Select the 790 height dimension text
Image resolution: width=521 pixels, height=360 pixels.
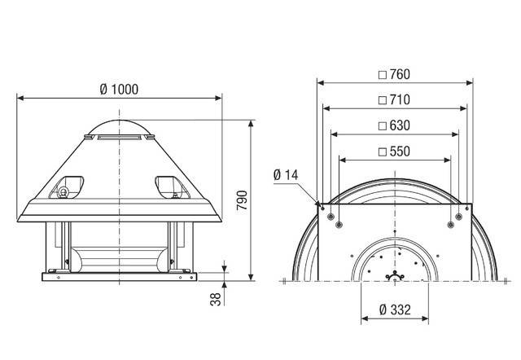tap(242, 200)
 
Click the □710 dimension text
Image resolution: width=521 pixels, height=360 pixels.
tap(394, 100)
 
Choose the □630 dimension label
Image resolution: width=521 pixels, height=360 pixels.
tap(394, 125)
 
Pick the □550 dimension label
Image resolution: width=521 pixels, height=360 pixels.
tap(394, 151)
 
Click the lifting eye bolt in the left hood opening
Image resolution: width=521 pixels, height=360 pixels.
tap(62, 192)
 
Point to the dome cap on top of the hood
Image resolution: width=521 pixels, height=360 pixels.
tap(119, 128)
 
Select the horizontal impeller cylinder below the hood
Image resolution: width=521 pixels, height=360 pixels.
tap(119, 259)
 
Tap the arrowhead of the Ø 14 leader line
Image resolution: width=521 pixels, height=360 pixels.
tap(317, 203)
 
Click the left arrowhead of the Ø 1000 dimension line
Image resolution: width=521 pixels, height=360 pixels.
tap(20, 98)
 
